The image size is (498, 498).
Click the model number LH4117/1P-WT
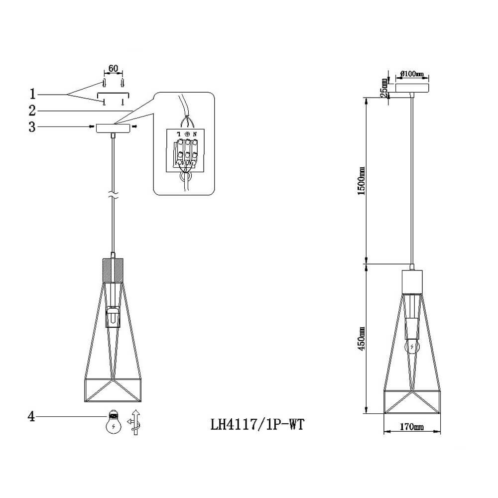[257, 424]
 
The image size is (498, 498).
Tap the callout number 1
[32, 94]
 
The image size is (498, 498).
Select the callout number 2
[32, 111]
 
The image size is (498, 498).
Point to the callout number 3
[32, 126]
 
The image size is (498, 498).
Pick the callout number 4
[31, 416]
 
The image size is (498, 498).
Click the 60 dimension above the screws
[113, 68]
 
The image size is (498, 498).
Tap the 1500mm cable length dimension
[362, 181]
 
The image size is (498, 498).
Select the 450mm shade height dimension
[362, 339]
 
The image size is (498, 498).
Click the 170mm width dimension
[412, 427]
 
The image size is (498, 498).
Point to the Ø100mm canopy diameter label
[412, 74]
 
